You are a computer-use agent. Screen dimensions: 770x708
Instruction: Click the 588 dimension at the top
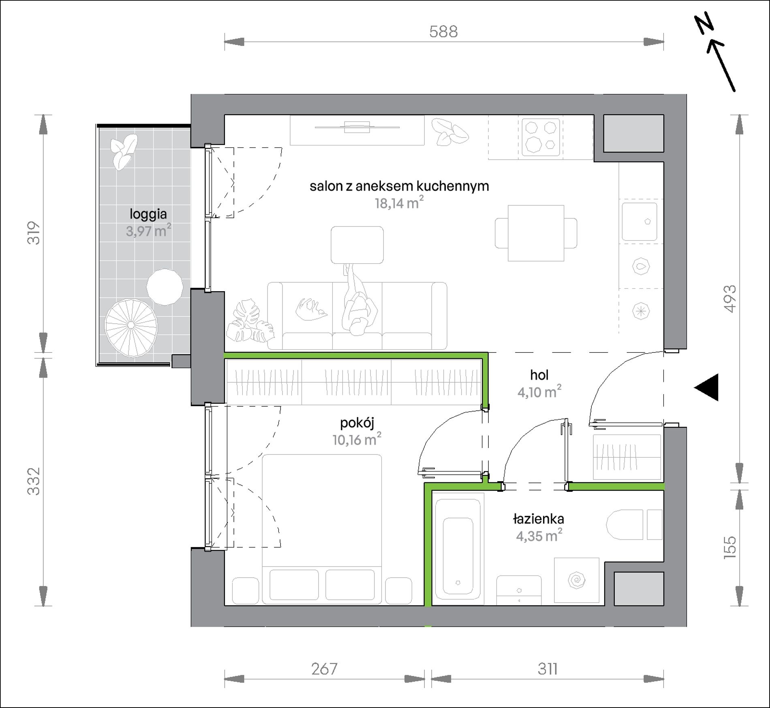pyautogui.click(x=443, y=32)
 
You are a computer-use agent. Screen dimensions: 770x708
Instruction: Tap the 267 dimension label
pyautogui.click(x=324, y=669)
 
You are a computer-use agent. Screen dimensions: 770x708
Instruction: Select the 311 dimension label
pyautogui.click(x=548, y=669)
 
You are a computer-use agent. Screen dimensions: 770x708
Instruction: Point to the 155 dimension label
pyautogui.click(x=729, y=548)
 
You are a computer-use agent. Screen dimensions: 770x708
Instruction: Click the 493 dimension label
pyautogui.click(x=729, y=299)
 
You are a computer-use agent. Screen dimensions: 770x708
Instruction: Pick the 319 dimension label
pyautogui.click(x=34, y=233)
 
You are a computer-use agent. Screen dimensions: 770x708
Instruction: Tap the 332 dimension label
pyautogui.click(x=34, y=481)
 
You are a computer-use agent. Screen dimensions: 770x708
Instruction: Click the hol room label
pyautogui.click(x=539, y=375)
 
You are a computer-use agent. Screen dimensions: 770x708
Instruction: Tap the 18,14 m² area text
pyautogui.click(x=399, y=202)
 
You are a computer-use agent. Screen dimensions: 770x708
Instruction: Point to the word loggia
pyautogui.click(x=148, y=214)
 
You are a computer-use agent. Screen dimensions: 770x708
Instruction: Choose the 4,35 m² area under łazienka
pyautogui.click(x=539, y=535)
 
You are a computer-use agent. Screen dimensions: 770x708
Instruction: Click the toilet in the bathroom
pyautogui.click(x=634, y=525)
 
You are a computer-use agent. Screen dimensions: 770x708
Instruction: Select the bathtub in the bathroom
pyautogui.click(x=458, y=549)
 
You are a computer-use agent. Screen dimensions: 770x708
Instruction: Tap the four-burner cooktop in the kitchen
pyautogui.click(x=541, y=137)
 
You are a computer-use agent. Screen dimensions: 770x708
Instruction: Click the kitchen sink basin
pyautogui.click(x=640, y=221)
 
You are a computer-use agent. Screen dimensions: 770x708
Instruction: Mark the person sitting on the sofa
pyautogui.click(x=357, y=300)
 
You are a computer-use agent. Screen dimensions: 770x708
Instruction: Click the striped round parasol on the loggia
pyautogui.click(x=131, y=328)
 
